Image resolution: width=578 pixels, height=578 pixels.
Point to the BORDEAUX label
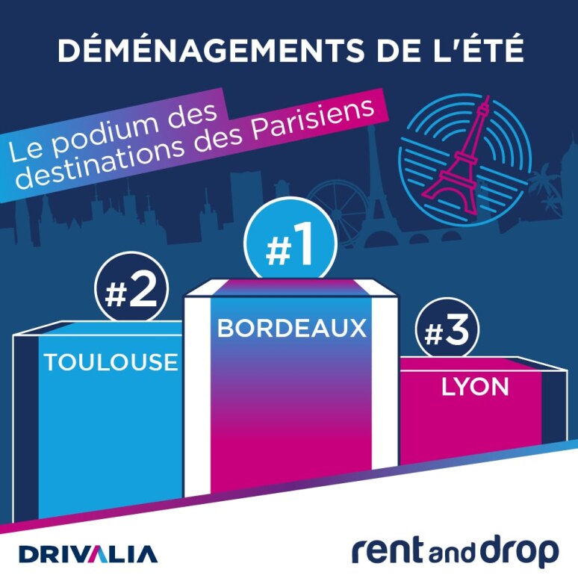pos(293,328)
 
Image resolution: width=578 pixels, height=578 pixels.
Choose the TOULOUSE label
pos(111,362)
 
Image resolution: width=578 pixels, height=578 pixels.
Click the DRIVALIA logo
pos(88,554)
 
